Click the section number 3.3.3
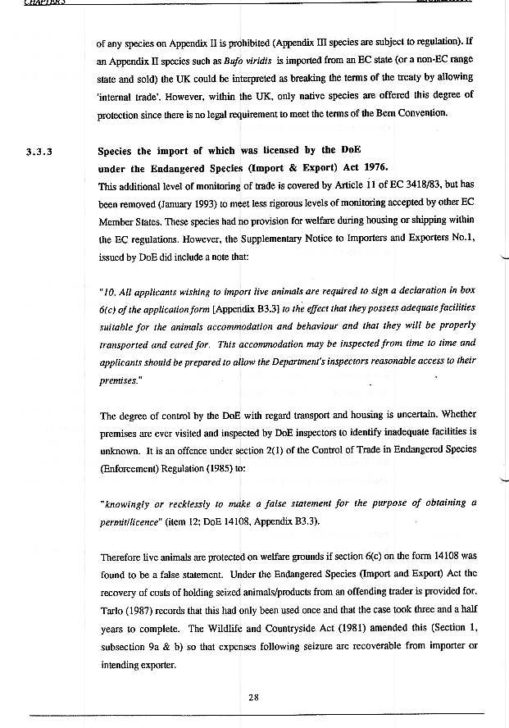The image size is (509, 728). (x=39, y=152)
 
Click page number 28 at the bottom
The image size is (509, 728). (x=254, y=698)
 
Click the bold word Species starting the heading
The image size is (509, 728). (x=120, y=151)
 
